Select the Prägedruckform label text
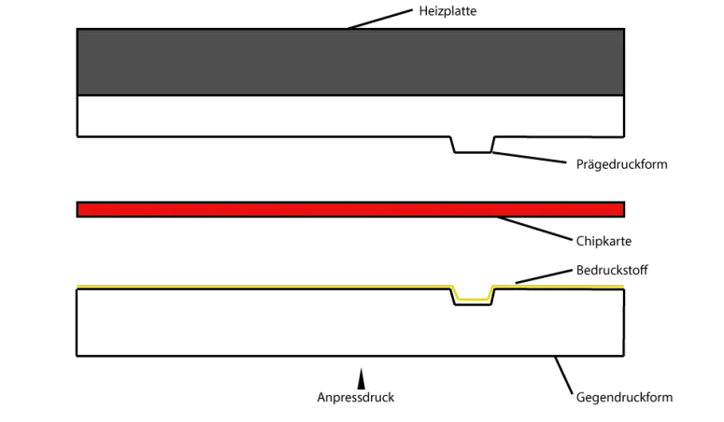pyautogui.click(x=624, y=164)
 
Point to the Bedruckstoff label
pyautogui.click(x=613, y=270)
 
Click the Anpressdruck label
pyautogui.click(x=356, y=398)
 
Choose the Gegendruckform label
pyautogui.click(x=623, y=398)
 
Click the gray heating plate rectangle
pyautogui.click(x=350, y=62)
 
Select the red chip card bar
pyautogui.click(x=350, y=209)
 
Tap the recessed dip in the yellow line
pyautogui.click(x=473, y=298)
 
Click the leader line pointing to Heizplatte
pyautogui.click(x=378, y=18)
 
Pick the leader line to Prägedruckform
pyautogui.click(x=531, y=157)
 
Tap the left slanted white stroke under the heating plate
pyautogui.click(x=452, y=145)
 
